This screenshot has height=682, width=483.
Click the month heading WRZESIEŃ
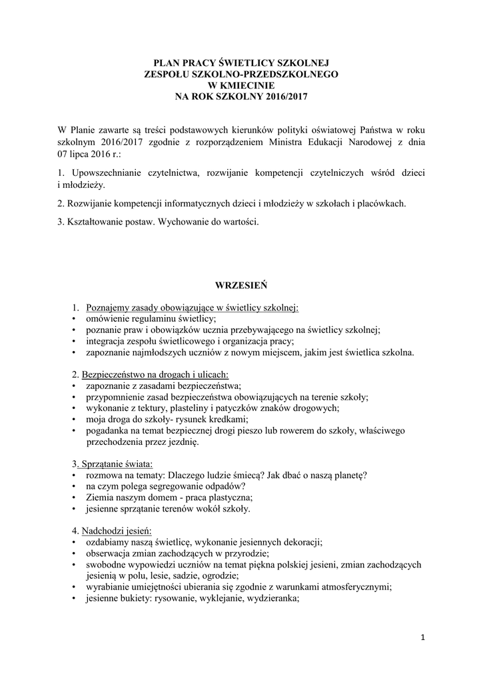[x=241, y=285]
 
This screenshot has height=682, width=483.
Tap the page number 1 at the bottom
[x=422, y=637]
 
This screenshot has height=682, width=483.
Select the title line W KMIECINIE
[x=241, y=85]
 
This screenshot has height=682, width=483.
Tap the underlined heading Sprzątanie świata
[x=117, y=463]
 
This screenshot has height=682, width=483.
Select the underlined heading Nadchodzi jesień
[x=117, y=531]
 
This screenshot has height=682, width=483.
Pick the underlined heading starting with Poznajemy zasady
[x=193, y=308]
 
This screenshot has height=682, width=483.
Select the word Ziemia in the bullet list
[x=99, y=498]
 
